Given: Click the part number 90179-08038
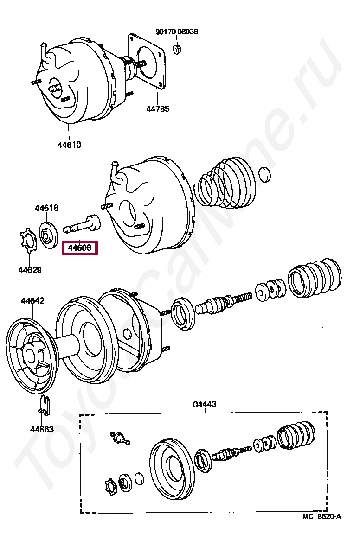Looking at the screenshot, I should (176, 32).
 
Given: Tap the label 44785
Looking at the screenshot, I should (158, 109).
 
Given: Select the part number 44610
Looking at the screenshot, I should (69, 145).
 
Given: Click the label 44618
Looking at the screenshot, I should (46, 208).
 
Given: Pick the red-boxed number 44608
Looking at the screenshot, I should (80, 248).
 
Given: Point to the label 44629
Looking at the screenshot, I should (30, 270).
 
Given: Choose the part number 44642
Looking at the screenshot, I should (32, 301).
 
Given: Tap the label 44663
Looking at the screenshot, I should (42, 429).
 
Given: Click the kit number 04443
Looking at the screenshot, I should (205, 404).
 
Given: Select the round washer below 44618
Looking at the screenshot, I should (48, 236).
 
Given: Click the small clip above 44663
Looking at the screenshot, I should (45, 403).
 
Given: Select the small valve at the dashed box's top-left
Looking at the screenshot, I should (119, 437).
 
